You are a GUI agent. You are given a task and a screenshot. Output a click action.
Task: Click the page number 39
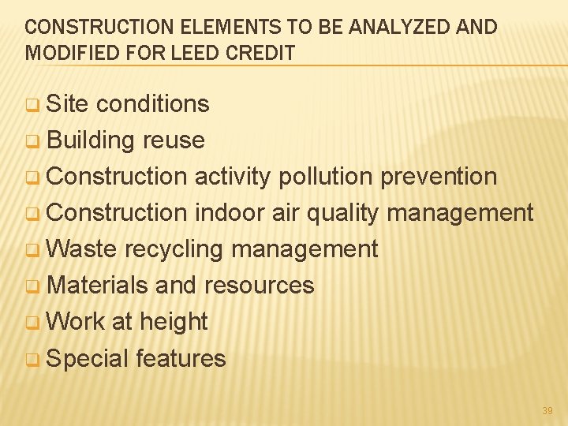547,411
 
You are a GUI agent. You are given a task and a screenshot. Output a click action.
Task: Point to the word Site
69,103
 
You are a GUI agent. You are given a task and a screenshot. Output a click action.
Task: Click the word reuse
174,140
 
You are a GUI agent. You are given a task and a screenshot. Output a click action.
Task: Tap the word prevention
439,176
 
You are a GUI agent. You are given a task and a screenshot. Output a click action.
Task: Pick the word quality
342,213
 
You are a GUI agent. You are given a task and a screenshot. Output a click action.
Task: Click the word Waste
81,248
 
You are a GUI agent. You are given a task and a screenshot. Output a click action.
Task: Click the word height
174,322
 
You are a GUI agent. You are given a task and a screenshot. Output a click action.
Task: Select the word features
181,358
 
